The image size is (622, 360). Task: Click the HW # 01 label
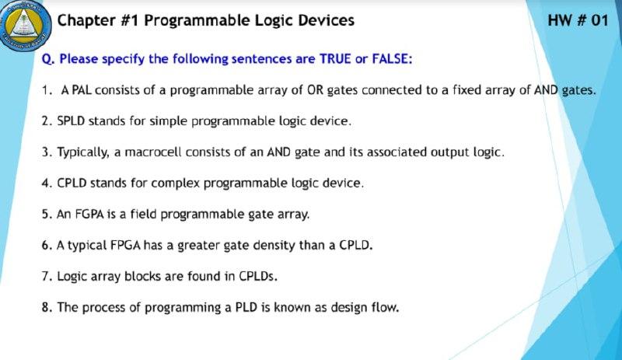pyautogui.click(x=578, y=20)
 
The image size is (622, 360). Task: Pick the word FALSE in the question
pyautogui.click(x=393, y=59)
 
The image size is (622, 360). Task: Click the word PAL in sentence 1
pyautogui.click(x=82, y=90)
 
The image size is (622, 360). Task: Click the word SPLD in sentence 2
pyautogui.click(x=71, y=121)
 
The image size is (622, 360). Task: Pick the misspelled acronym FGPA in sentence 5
pyautogui.click(x=89, y=215)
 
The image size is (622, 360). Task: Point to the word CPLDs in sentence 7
pyautogui.click(x=257, y=276)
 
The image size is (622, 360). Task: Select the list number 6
pyautogui.click(x=47, y=245)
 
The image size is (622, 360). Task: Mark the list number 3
pyautogui.click(x=47, y=152)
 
